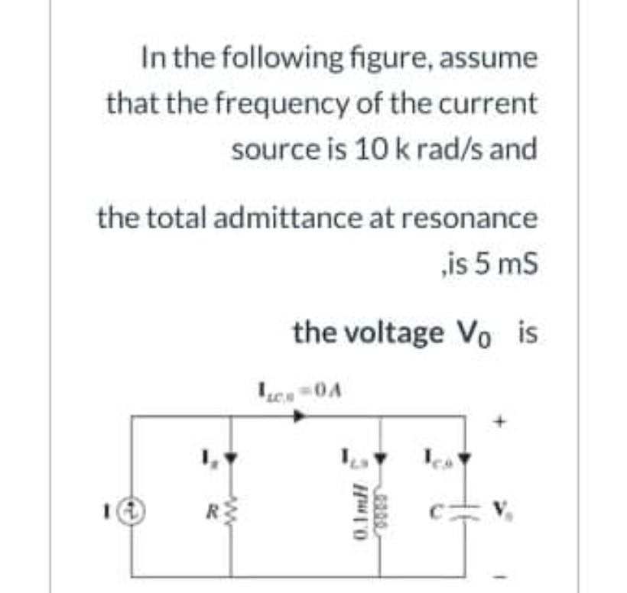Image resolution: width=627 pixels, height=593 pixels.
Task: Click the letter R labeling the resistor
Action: (x=203, y=505)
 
